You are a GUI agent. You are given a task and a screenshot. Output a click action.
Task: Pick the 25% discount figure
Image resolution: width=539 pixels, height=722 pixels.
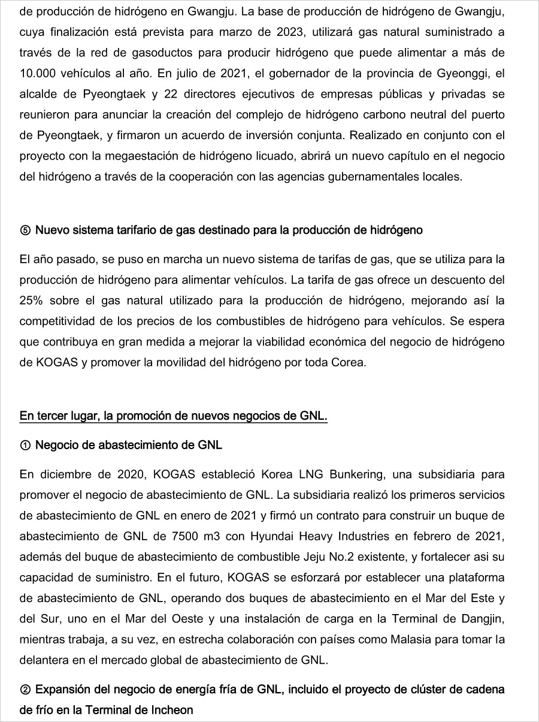point(31,300)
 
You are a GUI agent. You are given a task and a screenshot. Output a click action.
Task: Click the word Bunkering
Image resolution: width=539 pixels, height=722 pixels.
point(349,474)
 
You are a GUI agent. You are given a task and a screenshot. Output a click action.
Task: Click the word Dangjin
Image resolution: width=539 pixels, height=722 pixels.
point(483,618)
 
